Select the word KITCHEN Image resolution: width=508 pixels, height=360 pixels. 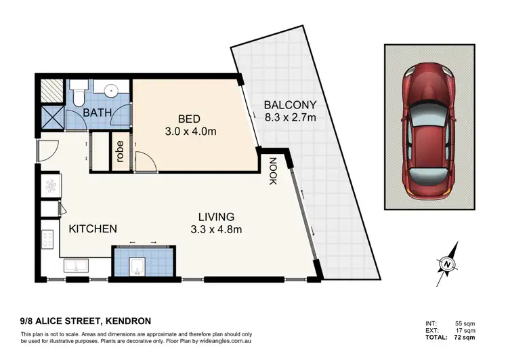pos(93,229)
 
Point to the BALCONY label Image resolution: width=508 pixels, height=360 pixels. pos(290,105)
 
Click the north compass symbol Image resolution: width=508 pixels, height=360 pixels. pos(446,263)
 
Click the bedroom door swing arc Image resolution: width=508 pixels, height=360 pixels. pos(145,161)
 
